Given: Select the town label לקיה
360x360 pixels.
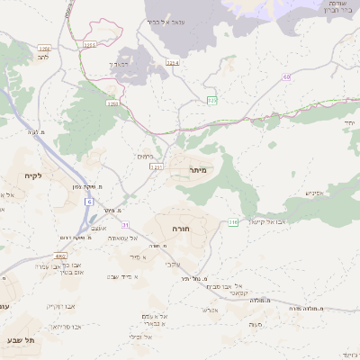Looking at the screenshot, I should click(34, 175).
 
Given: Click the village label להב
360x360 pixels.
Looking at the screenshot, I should click(43, 56).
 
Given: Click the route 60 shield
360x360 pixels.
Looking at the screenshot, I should click(286, 77).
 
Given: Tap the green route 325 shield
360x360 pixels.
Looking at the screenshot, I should click(211, 100).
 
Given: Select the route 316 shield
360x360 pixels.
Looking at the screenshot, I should click(232, 221).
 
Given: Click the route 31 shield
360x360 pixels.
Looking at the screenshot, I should click(126, 223).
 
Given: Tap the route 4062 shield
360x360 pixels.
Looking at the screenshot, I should click(61, 256).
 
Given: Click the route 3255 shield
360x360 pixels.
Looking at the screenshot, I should click(89, 43).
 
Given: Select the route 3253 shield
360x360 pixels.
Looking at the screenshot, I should click(113, 104).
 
